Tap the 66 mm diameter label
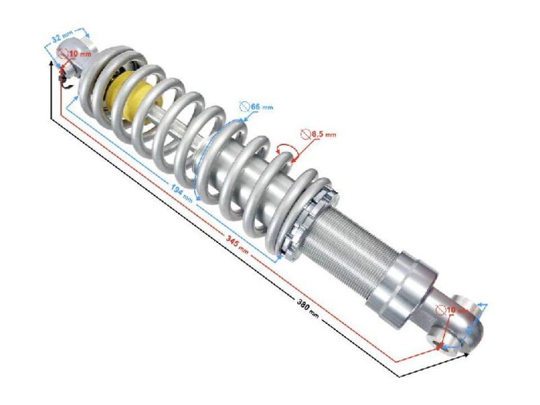pyautogui.click(x=260, y=106)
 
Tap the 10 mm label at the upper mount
pyautogui.click(x=79, y=54)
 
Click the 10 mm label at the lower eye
pyautogui.click(x=457, y=310)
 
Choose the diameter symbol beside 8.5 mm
pyautogui.click(x=305, y=134)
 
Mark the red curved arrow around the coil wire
pyautogui.click(x=287, y=150)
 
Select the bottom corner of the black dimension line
pyautogui.click(x=399, y=376)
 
